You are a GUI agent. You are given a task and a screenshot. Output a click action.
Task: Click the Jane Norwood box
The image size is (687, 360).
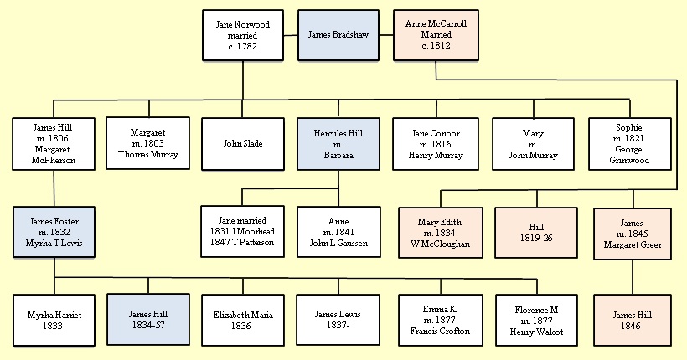pos(243,35)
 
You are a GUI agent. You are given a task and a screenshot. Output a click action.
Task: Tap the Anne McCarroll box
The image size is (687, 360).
pos(436,35)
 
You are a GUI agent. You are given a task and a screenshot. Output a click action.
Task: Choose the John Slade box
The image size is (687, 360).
pos(243,144)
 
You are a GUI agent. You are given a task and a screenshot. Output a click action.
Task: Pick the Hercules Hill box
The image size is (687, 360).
pos(338,144)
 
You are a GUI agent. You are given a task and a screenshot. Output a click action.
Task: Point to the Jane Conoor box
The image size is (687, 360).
pos(436,144)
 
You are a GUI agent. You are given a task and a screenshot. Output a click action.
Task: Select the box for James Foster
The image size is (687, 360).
pos(54,232)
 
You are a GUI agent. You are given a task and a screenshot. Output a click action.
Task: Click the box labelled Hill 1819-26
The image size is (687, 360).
pos(536,232)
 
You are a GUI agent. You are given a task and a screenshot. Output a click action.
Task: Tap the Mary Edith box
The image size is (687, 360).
pos(439,232)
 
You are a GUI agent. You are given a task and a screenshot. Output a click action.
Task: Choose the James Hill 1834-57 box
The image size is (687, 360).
pos(148,320)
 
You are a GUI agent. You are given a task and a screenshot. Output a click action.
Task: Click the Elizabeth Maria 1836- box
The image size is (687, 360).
pos(243,320)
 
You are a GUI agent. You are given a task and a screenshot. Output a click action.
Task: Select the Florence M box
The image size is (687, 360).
pos(536,320)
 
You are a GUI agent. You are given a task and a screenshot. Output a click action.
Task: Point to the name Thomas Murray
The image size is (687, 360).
pos(148,155)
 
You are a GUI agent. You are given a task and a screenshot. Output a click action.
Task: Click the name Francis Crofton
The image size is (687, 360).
pos(440,331)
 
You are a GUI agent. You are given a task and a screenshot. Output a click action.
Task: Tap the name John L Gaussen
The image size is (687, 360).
pos(338,243)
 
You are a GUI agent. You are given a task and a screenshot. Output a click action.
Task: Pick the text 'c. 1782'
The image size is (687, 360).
pos(243,47)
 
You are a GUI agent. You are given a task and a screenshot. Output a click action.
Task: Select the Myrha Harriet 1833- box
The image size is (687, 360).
pos(54,320)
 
